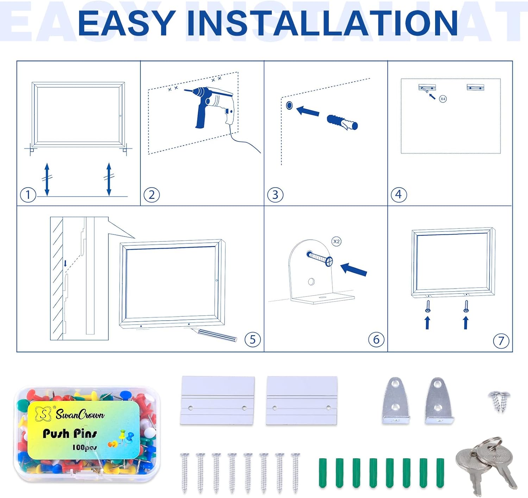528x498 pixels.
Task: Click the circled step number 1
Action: click(28, 195)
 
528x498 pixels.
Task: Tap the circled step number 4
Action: click(398, 195)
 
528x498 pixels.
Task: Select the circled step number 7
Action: click(501, 341)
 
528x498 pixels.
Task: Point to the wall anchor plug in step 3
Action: click(342, 122)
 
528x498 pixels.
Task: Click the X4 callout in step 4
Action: click(443, 99)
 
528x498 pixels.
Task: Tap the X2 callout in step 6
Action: click(337, 241)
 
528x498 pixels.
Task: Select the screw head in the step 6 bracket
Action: click(329, 261)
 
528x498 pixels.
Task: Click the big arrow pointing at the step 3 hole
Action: click(308, 111)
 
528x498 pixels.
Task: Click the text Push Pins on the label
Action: click(70, 434)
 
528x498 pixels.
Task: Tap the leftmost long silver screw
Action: click(184, 473)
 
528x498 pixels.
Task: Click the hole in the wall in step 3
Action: click(289, 105)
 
